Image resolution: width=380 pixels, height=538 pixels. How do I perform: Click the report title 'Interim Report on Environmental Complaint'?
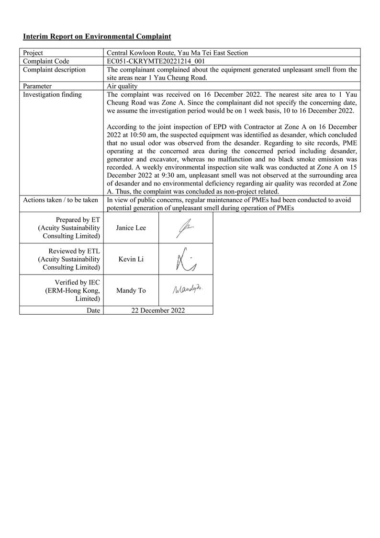pyautogui.click(x=97, y=36)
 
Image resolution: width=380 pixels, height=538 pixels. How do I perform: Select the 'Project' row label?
pyautogui.click(x=33, y=53)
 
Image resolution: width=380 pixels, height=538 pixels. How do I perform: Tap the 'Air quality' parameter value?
pyautogui.click(x=122, y=86)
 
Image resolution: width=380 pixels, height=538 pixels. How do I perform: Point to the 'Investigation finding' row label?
pyautogui.click(x=52, y=94)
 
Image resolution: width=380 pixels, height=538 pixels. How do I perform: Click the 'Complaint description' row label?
pyautogui.click(x=54, y=69)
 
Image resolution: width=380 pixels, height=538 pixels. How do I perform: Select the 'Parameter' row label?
pyautogui.click(x=37, y=86)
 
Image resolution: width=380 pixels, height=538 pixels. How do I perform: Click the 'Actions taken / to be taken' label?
pyautogui.click(x=60, y=200)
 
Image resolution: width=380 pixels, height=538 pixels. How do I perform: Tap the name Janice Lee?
pyautogui.click(x=131, y=228)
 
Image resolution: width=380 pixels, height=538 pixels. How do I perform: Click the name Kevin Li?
pyautogui.click(x=131, y=259)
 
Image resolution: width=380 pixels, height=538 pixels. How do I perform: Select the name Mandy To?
pyautogui.click(x=131, y=290)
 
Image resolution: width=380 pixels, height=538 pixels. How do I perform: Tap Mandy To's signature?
pyautogui.click(x=188, y=289)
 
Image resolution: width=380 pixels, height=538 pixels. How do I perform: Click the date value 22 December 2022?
pyautogui.click(x=158, y=310)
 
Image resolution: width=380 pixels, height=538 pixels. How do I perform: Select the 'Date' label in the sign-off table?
pyautogui.click(x=93, y=310)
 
